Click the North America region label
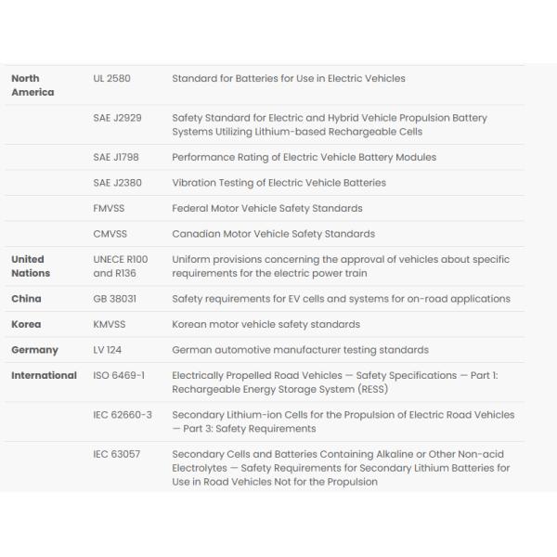[32, 85]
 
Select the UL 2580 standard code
[111, 79]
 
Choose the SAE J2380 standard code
[116, 183]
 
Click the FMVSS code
[110, 209]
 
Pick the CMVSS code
[110, 234]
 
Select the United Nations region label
[30, 266]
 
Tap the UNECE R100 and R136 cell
[120, 266]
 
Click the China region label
[26, 299]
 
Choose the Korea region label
[26, 325]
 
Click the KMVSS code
[110, 325]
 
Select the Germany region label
[34, 350]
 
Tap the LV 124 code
[108, 350]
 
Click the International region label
[44, 376]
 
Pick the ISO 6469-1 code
[118, 376]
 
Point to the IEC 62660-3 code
[123, 415]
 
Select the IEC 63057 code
[116, 455]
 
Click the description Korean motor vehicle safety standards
[266, 325]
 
